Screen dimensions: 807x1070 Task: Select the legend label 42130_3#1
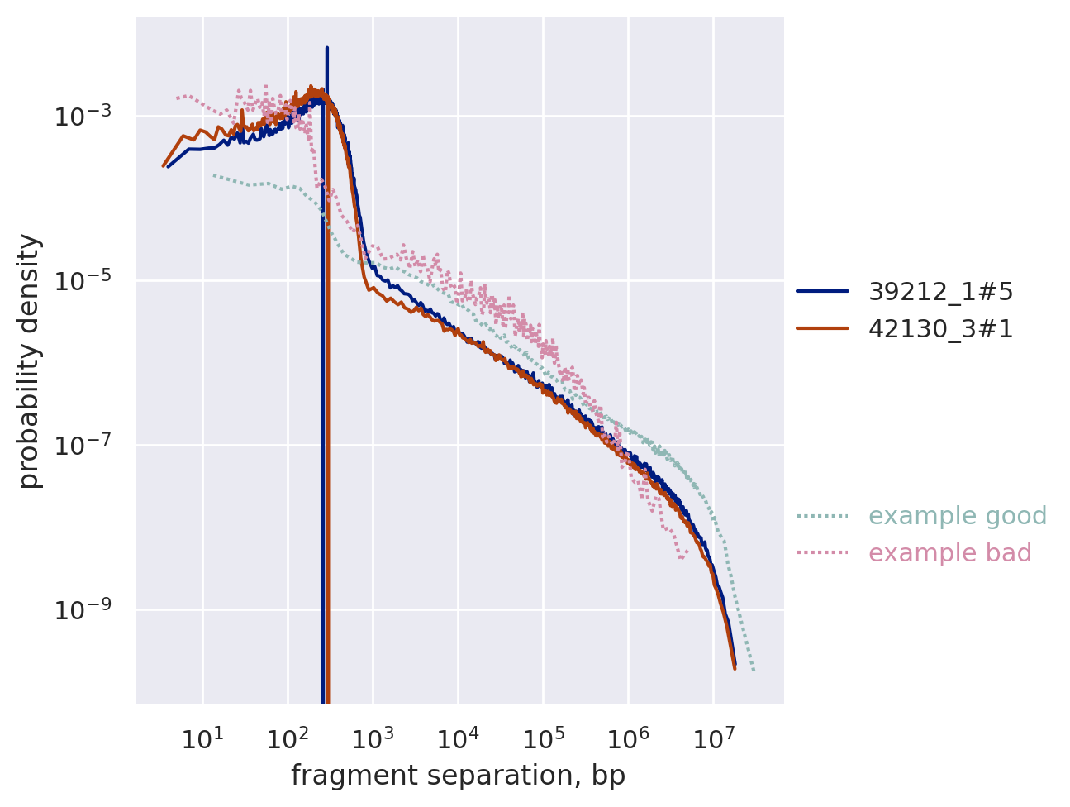(x=940, y=329)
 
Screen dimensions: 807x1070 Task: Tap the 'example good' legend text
(x=958, y=516)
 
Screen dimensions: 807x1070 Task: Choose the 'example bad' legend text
(x=950, y=553)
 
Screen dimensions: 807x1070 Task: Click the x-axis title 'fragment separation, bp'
(x=459, y=776)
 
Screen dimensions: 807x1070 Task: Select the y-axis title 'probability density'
(x=30, y=361)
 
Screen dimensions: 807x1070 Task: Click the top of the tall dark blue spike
(x=327, y=49)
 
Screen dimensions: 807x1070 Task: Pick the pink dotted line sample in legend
(x=822, y=553)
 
